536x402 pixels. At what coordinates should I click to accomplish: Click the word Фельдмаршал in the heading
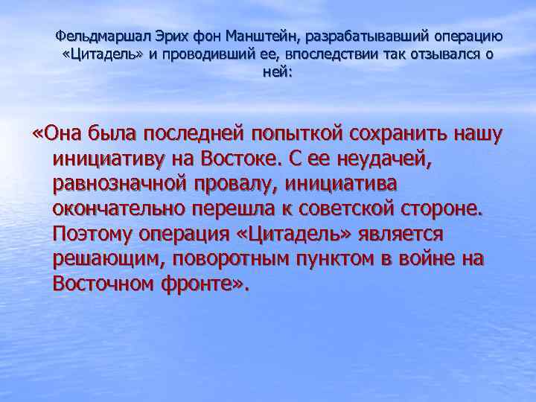pyautogui.click(x=95, y=36)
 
